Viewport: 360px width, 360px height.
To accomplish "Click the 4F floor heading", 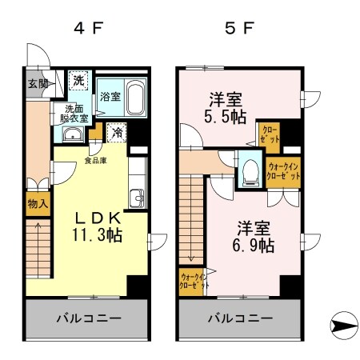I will [89, 30].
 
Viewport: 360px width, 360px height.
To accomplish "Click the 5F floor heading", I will [239, 30].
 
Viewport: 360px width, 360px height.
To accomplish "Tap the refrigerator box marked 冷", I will [117, 132].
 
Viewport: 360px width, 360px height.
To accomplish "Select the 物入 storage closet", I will [37, 203].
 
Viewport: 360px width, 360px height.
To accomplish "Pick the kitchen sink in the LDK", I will [137, 197].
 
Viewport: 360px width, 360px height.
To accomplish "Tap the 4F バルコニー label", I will [88, 318].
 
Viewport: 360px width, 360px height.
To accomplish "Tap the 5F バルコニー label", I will [242, 318].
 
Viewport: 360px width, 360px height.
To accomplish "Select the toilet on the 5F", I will [250, 169].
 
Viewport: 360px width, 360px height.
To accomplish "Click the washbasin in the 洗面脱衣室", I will [72, 134].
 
